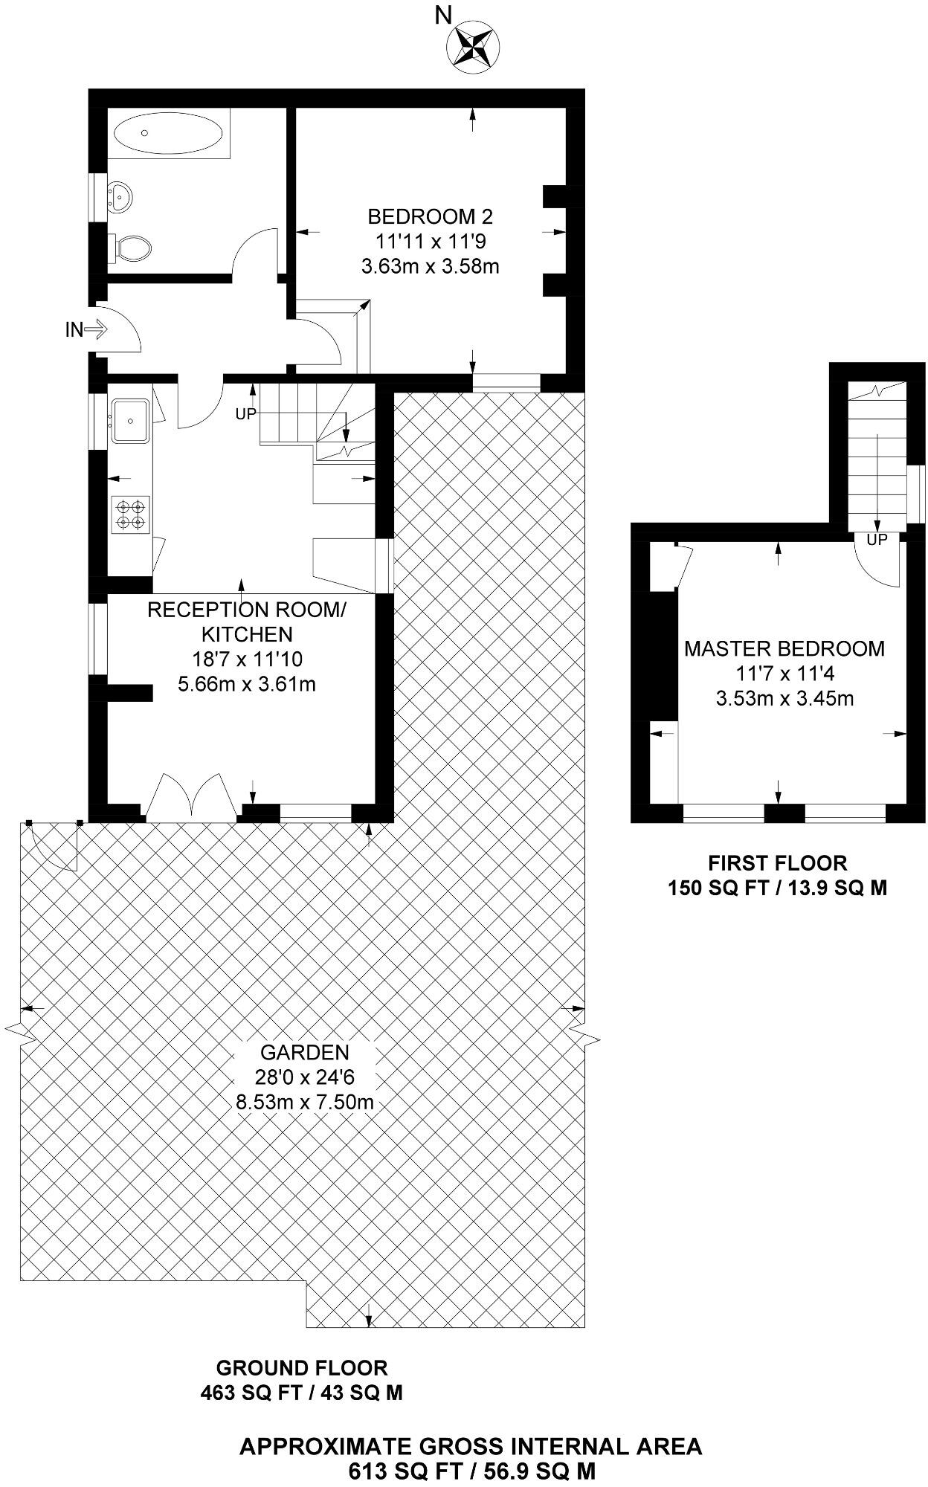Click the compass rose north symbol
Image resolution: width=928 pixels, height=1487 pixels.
pyautogui.click(x=471, y=45)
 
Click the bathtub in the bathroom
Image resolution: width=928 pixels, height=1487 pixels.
pyautogui.click(x=167, y=133)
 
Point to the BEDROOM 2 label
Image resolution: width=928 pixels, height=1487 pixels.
pyautogui.click(x=430, y=217)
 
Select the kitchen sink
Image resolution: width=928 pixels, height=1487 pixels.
pyautogui.click(x=131, y=421)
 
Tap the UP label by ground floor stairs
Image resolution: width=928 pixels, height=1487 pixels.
pyautogui.click(x=246, y=414)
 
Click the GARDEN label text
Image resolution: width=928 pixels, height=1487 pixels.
pyautogui.click(x=305, y=1052)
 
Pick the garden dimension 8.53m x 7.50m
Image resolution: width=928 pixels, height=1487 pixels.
pyautogui.click(x=305, y=1101)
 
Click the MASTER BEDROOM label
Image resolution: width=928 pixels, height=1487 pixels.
pyautogui.click(x=784, y=648)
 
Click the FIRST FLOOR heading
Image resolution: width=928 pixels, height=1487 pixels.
pyautogui.click(x=777, y=863)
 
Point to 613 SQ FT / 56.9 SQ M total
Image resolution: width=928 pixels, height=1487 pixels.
pyautogui.click(x=471, y=1471)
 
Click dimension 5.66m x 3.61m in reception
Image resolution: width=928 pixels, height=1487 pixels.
pyautogui.click(x=247, y=683)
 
